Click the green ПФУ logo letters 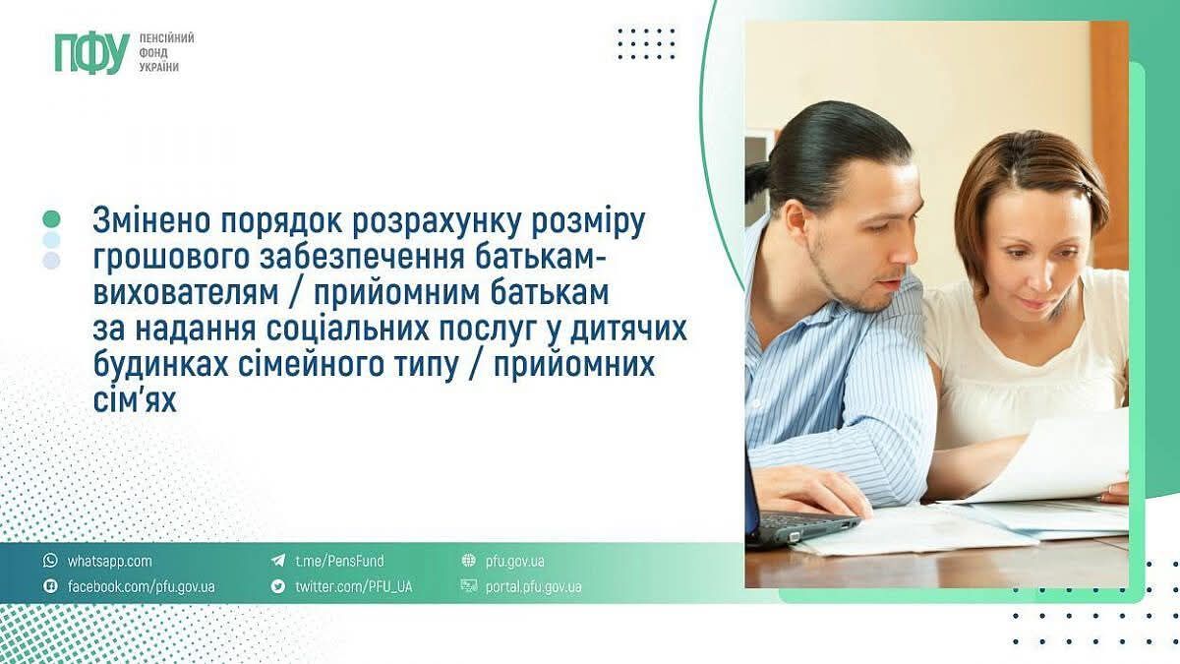[x=92, y=52]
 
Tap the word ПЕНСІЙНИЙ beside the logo [x=166, y=38]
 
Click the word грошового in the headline [x=171, y=257]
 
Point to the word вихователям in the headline [x=186, y=292]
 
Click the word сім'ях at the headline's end [x=135, y=400]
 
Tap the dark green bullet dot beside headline [x=51, y=218]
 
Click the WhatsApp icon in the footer [x=50, y=560]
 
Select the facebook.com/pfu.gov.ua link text [x=142, y=586]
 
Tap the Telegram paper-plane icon [x=278, y=560]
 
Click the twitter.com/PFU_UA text [x=354, y=586]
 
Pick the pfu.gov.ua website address [x=514, y=561]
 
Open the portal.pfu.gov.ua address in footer [x=534, y=586]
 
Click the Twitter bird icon [x=278, y=586]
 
